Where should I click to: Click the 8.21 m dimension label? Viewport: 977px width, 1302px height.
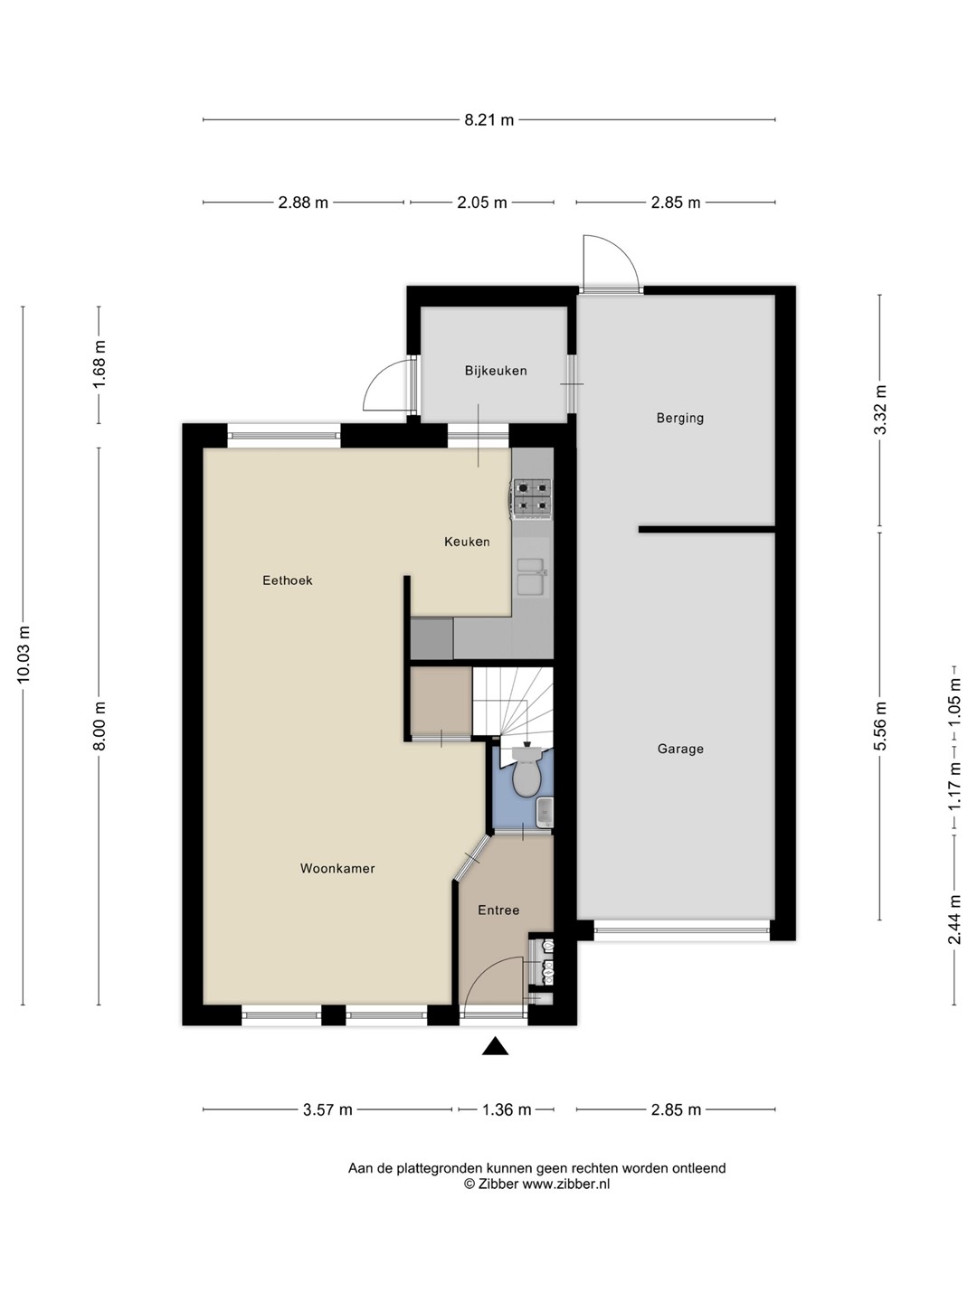pos(488,120)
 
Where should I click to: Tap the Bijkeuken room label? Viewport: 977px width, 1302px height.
pos(496,371)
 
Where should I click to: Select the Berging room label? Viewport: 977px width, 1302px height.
pos(679,419)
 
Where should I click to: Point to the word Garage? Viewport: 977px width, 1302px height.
pos(680,750)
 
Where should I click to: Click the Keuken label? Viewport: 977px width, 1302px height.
pos(468,542)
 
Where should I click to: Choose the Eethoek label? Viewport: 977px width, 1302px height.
pos(288,580)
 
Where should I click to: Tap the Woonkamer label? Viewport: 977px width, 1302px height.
pos(337,868)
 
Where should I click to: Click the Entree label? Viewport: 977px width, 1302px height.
pos(498,910)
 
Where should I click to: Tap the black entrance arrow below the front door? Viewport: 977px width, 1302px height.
pos(496,1047)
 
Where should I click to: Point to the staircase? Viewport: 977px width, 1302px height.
pos(513,706)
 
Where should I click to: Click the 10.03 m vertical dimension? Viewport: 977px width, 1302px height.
pos(24,655)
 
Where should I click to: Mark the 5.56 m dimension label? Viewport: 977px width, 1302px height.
pos(880,725)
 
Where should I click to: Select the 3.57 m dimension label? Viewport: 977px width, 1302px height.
pos(327,1109)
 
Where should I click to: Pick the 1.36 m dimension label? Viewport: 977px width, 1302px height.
pos(507,1109)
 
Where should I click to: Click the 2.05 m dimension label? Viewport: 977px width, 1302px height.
pos(482,203)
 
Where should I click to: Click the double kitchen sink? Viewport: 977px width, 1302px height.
pos(532,576)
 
